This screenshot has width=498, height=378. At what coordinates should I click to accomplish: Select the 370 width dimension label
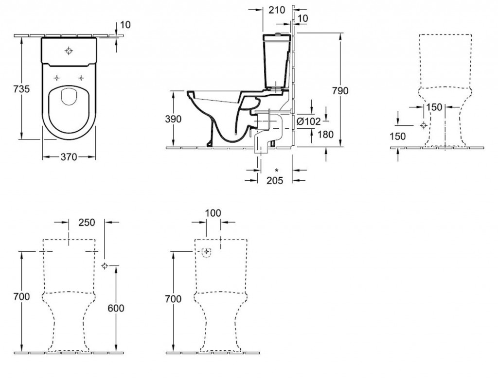[x=69, y=157]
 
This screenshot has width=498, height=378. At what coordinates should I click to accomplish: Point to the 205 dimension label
[x=275, y=181]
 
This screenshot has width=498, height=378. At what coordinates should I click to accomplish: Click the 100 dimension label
[x=213, y=212]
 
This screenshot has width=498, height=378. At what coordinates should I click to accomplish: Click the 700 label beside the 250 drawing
[x=22, y=296]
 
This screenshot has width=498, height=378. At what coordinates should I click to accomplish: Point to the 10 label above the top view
[x=125, y=25]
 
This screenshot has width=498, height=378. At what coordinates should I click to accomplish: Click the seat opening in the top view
[x=69, y=100]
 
